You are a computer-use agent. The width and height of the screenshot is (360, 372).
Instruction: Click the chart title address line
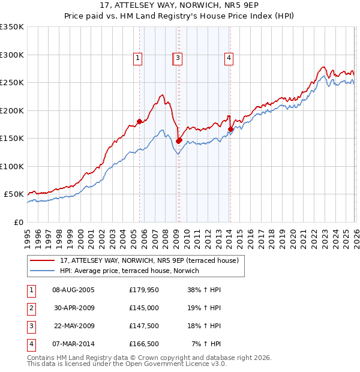(x=180, y=6)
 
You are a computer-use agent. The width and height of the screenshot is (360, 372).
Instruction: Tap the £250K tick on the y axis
(x=12, y=82)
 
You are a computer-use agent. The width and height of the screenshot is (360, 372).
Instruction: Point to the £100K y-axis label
(x=12, y=166)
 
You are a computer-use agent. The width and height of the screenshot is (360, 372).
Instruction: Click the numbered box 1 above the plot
(x=138, y=58)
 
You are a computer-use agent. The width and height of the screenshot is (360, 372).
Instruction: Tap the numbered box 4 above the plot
(x=229, y=58)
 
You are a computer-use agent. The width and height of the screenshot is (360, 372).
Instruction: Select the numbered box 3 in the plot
(x=179, y=58)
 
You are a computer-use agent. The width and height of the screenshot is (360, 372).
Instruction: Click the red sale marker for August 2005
(x=139, y=121)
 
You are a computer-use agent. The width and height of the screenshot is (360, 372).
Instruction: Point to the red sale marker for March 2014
(x=230, y=129)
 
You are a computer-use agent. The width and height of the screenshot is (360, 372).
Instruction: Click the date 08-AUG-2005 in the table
(x=73, y=290)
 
